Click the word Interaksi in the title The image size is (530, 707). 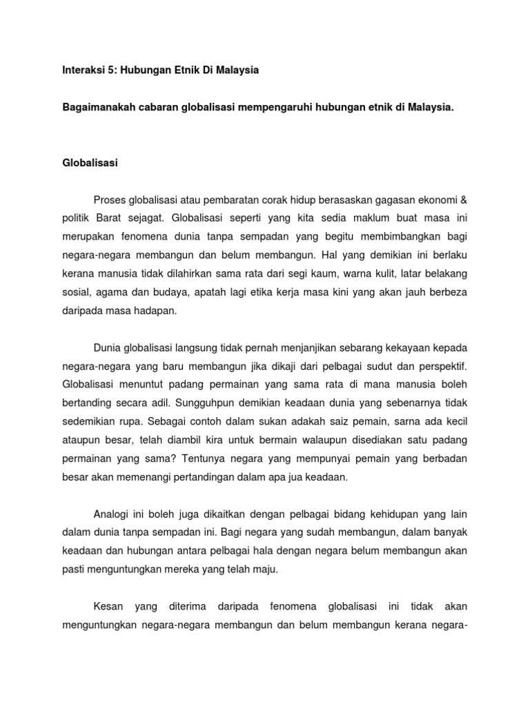[x=81, y=71]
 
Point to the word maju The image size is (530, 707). [x=264, y=569]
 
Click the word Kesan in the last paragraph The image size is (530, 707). [x=108, y=606]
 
